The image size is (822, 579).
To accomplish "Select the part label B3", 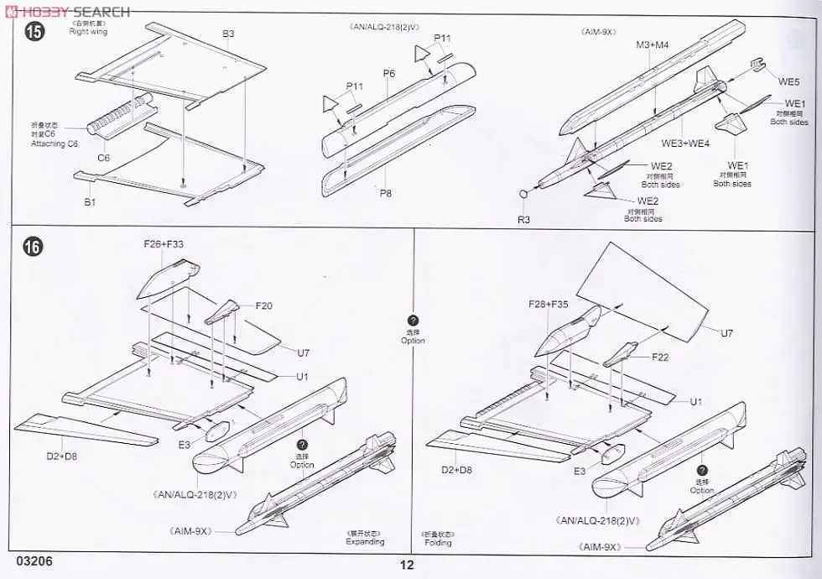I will (x=228, y=34).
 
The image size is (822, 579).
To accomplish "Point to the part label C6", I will (x=103, y=158).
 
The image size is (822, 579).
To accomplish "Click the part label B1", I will (x=90, y=203).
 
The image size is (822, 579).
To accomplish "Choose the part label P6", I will (x=388, y=74).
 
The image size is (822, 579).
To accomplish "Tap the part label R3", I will (x=523, y=219).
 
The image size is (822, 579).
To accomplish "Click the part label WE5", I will (x=788, y=81).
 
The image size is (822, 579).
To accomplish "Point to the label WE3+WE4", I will (x=685, y=143).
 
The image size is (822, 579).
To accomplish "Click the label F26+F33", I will (x=164, y=244).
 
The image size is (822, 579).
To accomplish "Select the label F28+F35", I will (x=549, y=304).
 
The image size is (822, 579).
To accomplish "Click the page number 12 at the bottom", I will (x=407, y=565).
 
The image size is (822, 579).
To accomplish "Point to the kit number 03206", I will (x=34, y=561).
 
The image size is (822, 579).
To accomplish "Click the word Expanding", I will (x=365, y=542).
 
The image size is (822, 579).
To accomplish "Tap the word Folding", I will (x=438, y=542).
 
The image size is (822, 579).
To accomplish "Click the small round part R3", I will (x=523, y=195).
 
